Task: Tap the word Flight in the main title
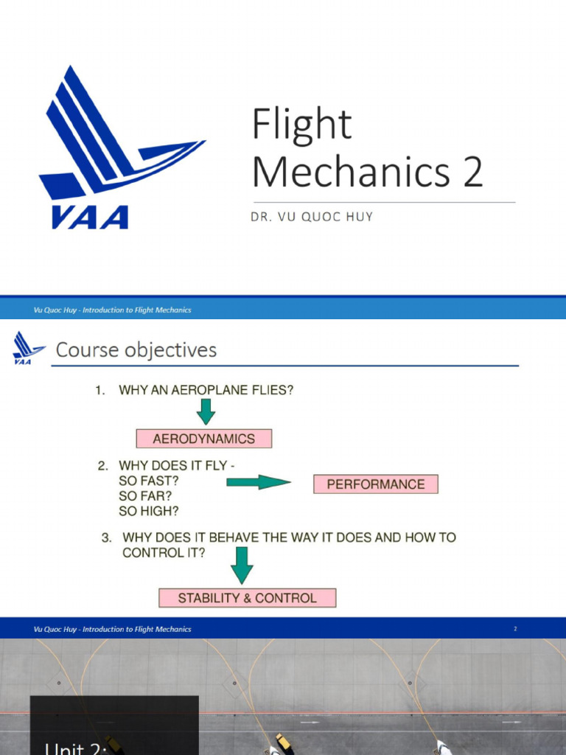click(x=301, y=125)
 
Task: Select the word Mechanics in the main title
click(x=350, y=171)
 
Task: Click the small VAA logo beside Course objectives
click(x=29, y=348)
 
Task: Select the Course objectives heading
click(x=136, y=349)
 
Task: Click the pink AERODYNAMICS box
click(x=204, y=439)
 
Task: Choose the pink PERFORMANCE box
click(x=376, y=484)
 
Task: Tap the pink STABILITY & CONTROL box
click(x=248, y=598)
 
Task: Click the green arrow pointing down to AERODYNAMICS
click(x=206, y=411)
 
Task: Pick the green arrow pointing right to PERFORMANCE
click(x=258, y=482)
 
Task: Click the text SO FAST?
click(x=149, y=481)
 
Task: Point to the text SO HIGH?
click(x=149, y=510)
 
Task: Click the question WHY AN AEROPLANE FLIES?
click(x=206, y=391)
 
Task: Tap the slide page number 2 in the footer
click(x=515, y=629)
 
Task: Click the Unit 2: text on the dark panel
click(x=77, y=748)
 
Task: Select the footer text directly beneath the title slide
click(x=113, y=310)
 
